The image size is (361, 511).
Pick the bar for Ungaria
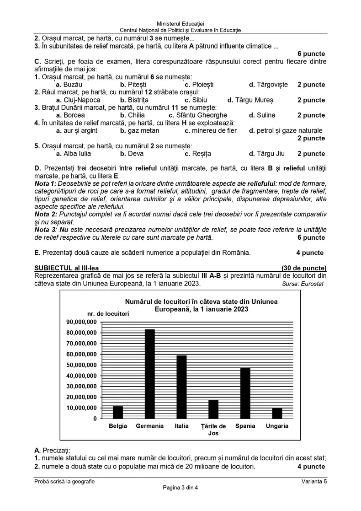277,413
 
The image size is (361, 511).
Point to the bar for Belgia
118,412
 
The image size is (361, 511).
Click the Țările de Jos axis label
213,430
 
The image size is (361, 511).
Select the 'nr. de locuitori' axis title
108,313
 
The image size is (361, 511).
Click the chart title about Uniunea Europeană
201,306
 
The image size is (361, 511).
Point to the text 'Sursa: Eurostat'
304,284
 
